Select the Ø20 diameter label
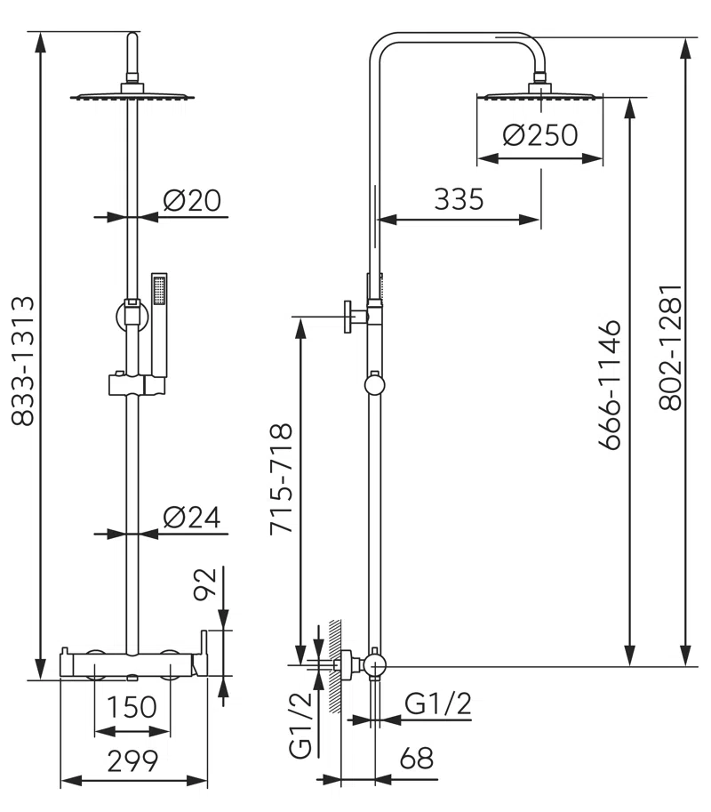click(x=192, y=201)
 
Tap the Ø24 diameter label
click(x=192, y=518)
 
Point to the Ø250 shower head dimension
click(x=539, y=135)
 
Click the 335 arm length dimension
click(x=459, y=199)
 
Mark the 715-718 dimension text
click(x=281, y=478)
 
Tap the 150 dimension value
click(x=132, y=708)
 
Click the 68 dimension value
click(x=416, y=759)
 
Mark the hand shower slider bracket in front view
click(x=136, y=385)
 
